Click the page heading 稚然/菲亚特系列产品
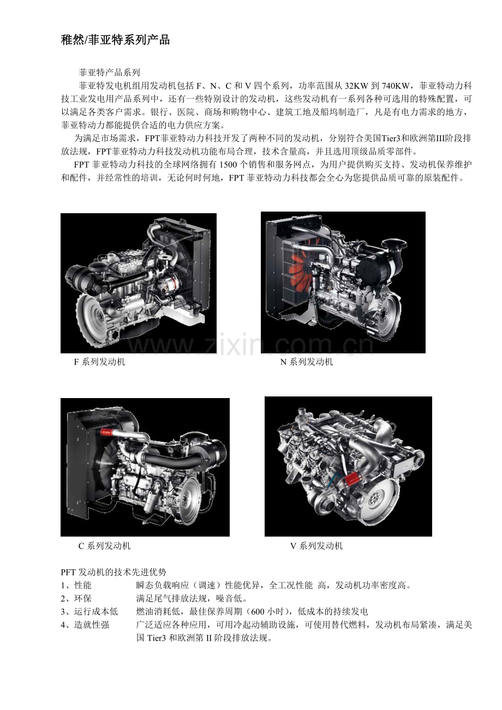[x=116, y=40]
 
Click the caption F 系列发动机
[x=99, y=362]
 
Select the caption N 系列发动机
[x=307, y=362]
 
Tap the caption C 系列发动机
[x=104, y=546]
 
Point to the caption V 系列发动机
[x=316, y=546]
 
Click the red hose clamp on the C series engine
[x=106, y=431]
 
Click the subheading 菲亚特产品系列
[x=109, y=73]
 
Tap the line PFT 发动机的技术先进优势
[x=113, y=572]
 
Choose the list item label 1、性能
[x=76, y=586]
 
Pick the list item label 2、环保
[x=76, y=598]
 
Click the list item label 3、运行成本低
[x=89, y=611]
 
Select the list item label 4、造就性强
[x=85, y=625]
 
